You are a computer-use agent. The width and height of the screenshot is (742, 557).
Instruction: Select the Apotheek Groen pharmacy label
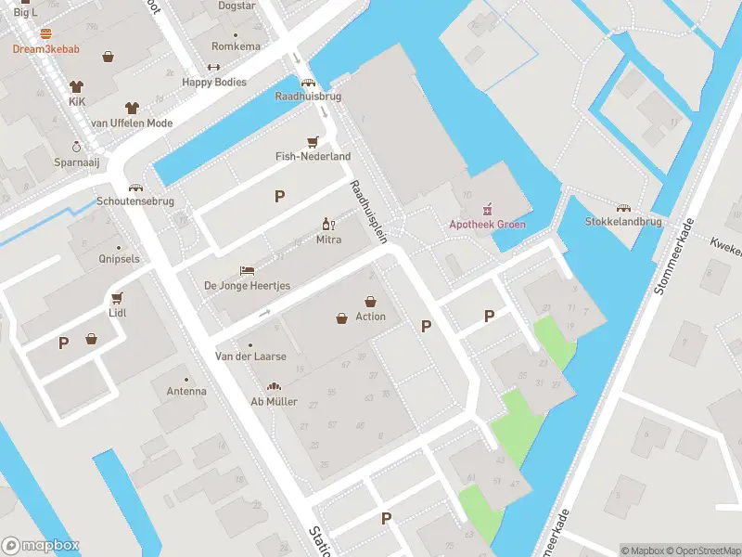(x=487, y=225)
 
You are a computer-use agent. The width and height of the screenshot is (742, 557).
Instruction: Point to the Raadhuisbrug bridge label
(x=308, y=97)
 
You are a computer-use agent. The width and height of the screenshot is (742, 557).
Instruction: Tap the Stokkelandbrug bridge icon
(x=623, y=208)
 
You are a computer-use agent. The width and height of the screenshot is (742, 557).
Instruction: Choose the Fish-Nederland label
(x=313, y=157)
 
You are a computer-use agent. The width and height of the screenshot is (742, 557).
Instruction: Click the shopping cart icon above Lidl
(x=117, y=298)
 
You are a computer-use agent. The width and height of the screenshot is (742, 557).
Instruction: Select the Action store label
(x=370, y=317)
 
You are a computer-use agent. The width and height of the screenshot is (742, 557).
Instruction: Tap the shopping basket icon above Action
(x=370, y=301)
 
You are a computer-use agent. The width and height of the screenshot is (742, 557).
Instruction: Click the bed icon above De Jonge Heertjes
(x=247, y=270)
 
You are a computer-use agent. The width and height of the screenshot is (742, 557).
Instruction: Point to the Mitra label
(x=328, y=240)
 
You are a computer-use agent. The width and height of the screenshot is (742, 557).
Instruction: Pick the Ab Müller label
(x=274, y=402)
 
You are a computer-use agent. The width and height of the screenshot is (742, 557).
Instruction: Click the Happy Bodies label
(x=214, y=83)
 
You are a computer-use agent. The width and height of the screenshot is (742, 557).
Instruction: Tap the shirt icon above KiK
(x=77, y=84)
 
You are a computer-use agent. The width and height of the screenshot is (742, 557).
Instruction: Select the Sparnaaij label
(x=76, y=162)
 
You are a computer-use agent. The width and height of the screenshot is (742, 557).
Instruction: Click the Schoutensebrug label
(x=135, y=201)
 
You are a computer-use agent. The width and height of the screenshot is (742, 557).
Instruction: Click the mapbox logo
(x=40, y=546)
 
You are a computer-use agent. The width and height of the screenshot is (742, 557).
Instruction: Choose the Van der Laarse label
(x=250, y=356)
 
